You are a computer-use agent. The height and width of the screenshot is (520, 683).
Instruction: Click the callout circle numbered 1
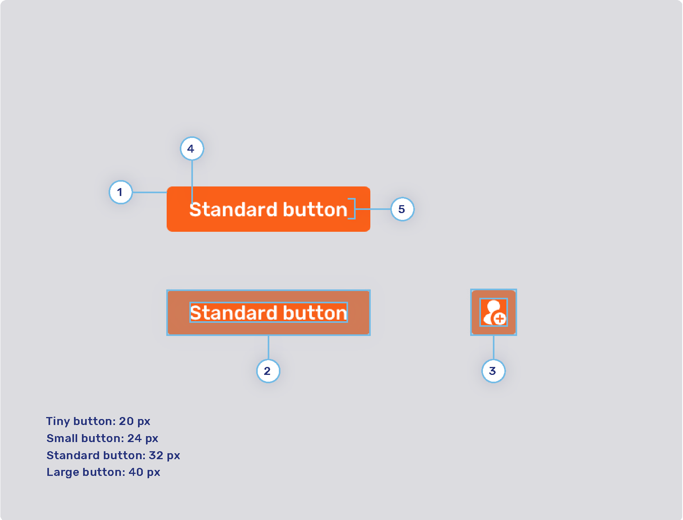tap(121, 192)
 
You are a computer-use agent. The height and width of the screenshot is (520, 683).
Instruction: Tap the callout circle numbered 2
tap(268, 371)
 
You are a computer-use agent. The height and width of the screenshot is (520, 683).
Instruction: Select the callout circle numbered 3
tap(493, 371)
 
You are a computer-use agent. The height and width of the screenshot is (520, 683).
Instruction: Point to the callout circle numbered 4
tap(192, 149)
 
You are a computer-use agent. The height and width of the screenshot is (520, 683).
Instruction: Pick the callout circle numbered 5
tap(402, 209)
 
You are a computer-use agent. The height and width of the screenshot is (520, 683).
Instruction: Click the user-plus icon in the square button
tap(493, 312)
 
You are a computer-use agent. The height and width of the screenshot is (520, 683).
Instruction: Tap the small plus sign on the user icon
tap(500, 318)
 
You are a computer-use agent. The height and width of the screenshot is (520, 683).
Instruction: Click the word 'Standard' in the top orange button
tap(233, 210)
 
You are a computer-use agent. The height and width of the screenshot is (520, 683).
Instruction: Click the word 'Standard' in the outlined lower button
tap(234, 313)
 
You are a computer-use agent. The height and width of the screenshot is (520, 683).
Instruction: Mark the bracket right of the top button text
tap(352, 209)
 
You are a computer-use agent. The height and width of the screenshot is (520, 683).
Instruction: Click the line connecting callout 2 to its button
tap(269, 347)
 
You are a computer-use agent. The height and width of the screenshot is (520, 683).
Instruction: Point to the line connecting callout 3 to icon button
tap(493, 347)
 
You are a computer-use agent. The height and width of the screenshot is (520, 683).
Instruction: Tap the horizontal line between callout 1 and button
tap(150, 192)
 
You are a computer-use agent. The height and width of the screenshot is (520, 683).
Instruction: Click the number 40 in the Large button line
tap(136, 472)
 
